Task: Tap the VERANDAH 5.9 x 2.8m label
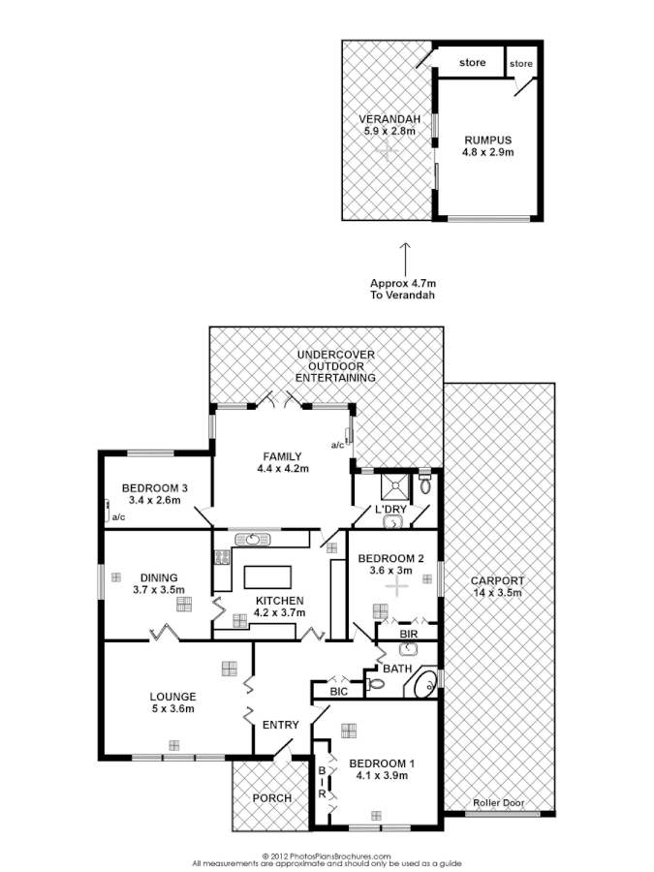pos(387,125)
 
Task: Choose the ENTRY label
pos(280,724)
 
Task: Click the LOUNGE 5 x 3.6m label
pos(172,701)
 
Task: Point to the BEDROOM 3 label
pos(154,493)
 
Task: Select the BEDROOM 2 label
pos(391,564)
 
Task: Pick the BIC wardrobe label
pos(337,692)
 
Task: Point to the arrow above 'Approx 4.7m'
pos(405,257)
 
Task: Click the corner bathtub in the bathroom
pos(423,685)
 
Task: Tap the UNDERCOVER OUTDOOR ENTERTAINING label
pos(336,366)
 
